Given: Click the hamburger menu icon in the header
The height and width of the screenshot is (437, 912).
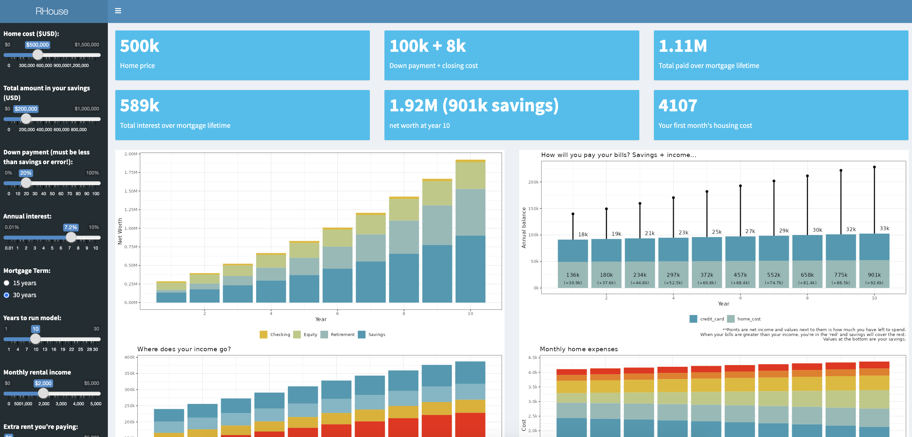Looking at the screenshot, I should tap(118, 11).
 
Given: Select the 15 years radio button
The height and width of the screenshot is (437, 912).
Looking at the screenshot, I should tap(6, 283).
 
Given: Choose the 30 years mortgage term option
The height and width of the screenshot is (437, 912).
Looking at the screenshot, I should tap(6, 295).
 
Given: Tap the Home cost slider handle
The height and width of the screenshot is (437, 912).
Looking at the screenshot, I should tap(38, 55).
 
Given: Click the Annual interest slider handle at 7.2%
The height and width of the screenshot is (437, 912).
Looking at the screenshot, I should tap(71, 237).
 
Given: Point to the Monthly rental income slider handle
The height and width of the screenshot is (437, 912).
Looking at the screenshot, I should tap(43, 393).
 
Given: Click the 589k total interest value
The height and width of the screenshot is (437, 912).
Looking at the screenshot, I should tap(140, 106).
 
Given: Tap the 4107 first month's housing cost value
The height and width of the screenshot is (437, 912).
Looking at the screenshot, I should tap(678, 106).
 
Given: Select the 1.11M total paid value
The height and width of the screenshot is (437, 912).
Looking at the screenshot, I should tap(683, 46).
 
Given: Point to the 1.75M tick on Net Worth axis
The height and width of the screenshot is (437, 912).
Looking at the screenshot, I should tap(131, 172).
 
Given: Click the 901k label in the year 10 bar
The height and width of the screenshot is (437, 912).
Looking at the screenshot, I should tap(874, 275).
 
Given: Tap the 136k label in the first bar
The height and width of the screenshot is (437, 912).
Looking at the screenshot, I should tap(573, 275).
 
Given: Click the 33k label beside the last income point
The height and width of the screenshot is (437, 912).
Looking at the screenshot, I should tap(884, 228).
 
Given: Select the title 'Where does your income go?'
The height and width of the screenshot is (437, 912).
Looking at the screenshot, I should tap(184, 349).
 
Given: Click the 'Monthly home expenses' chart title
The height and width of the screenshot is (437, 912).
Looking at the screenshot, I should tap(578, 349).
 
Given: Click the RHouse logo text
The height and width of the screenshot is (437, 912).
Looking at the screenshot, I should tap(52, 11).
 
